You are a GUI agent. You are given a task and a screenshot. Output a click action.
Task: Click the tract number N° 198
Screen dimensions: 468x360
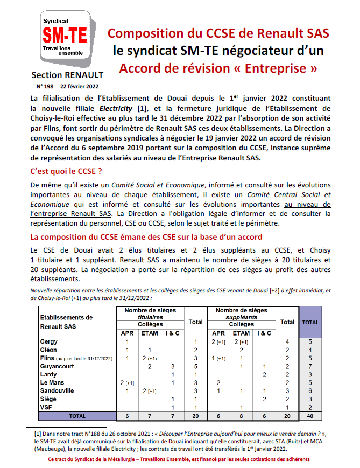click(x=46, y=86)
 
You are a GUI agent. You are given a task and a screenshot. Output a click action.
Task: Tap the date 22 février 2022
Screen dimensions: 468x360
click(x=79, y=86)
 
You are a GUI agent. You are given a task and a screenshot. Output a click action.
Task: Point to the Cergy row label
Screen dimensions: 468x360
click(x=49, y=342)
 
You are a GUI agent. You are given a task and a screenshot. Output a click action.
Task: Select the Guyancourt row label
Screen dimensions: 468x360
click(x=58, y=366)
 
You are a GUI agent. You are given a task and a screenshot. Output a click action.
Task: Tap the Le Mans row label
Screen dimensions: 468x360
click(x=53, y=382)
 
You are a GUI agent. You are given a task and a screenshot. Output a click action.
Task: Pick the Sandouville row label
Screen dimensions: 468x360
click(x=59, y=390)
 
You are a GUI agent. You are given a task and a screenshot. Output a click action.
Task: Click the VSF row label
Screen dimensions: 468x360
click(x=47, y=407)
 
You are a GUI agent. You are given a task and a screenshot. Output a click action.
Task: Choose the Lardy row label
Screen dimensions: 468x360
click(x=48, y=374)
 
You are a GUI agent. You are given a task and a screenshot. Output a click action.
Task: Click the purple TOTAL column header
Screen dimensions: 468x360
click(x=310, y=322)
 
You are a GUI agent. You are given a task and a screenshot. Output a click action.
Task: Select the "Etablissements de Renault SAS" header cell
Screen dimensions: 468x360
click(x=67, y=322)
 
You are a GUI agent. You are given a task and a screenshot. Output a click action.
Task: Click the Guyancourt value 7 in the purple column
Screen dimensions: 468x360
click(x=310, y=366)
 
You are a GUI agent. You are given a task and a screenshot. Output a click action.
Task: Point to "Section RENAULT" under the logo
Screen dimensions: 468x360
click(x=67, y=75)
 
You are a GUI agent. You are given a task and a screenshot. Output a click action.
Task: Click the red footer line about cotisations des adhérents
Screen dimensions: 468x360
click(x=179, y=459)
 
